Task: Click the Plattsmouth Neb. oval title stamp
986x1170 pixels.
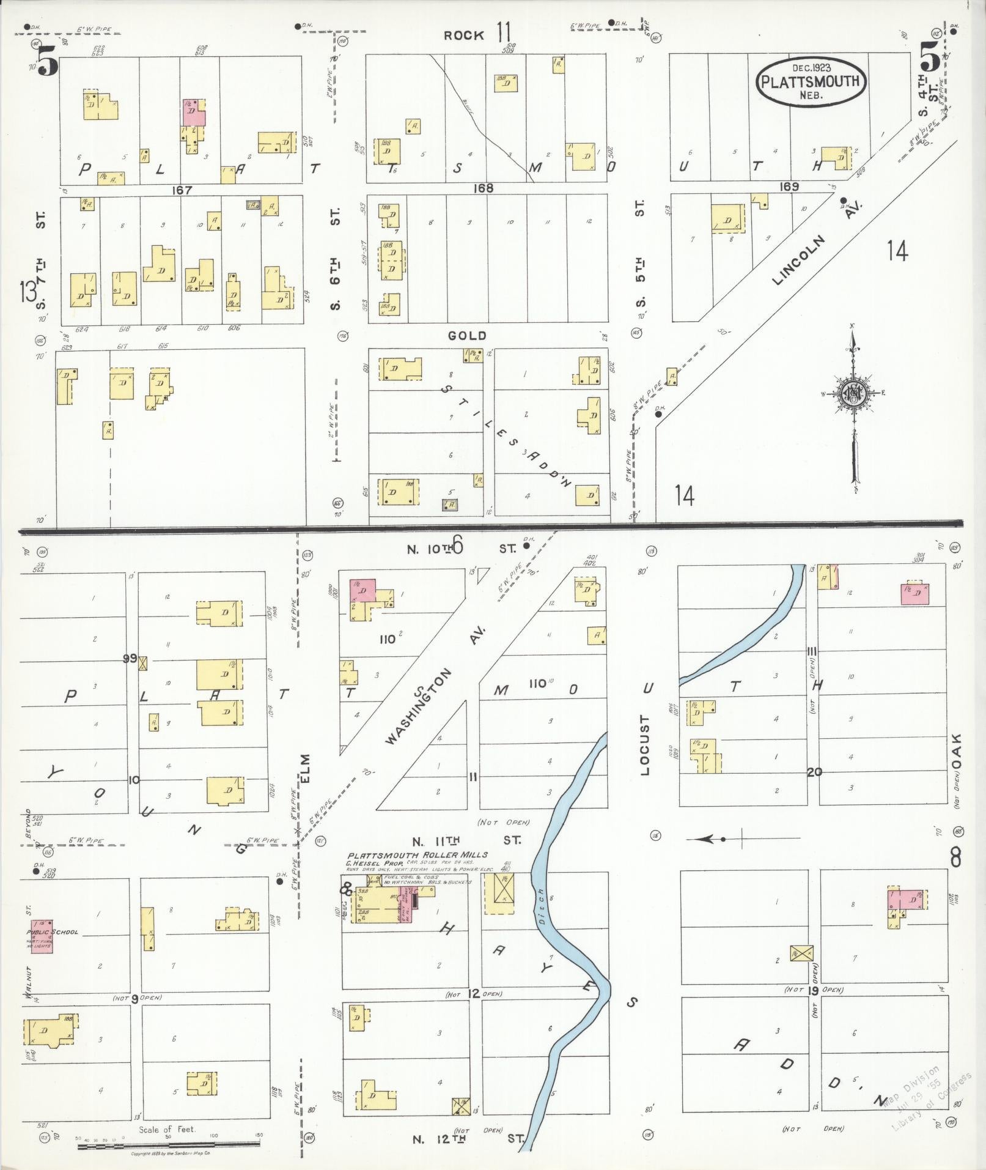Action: point(811,81)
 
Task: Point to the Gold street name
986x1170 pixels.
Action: point(467,335)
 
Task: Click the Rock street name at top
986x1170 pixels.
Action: point(464,35)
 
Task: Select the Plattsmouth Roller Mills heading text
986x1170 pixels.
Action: point(418,855)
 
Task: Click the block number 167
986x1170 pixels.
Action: point(182,190)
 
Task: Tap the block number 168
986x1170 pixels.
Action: point(483,188)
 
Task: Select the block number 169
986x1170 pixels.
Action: point(789,186)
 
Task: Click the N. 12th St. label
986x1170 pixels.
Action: point(468,1139)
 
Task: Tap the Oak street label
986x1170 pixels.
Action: point(957,752)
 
